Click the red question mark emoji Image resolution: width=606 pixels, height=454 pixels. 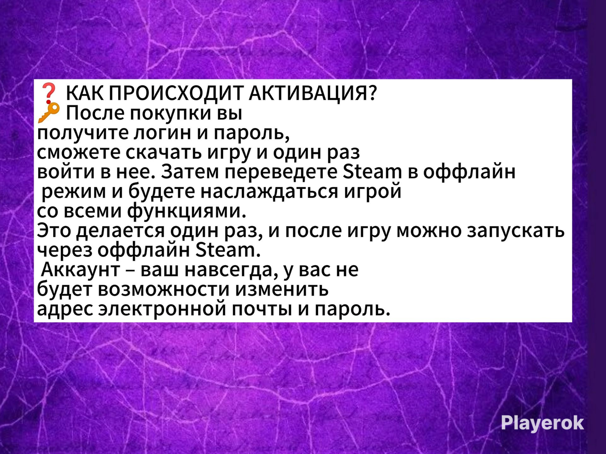tap(49, 94)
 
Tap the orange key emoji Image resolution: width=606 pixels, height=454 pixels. tap(49, 113)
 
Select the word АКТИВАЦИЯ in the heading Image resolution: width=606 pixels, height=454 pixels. tap(313, 94)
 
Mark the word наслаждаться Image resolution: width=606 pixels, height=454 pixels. tap(269, 191)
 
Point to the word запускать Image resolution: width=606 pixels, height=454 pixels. tap(516, 231)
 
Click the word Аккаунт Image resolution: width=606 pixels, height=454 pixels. tap(80, 269)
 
